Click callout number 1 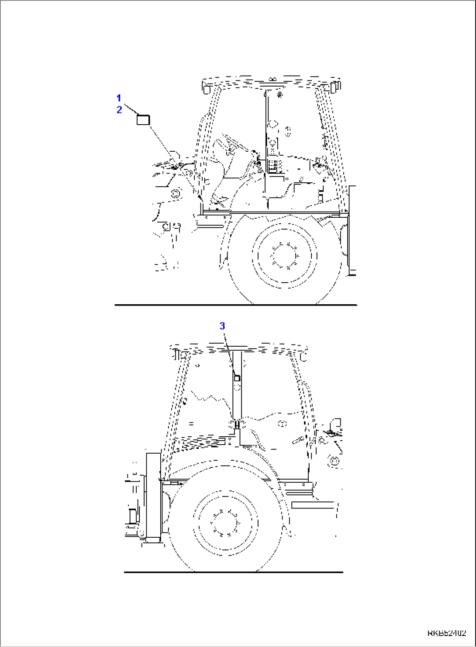click(x=119, y=98)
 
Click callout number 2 click(x=119, y=110)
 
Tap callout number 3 click(x=222, y=326)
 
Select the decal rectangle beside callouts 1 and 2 click(x=143, y=119)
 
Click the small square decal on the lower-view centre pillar click(x=237, y=378)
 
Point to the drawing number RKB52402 click(x=446, y=633)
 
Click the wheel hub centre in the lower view click(x=225, y=523)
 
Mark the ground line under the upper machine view click(x=236, y=305)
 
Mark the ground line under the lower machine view click(x=234, y=572)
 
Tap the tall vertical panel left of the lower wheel click(x=153, y=495)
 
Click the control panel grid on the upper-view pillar click(x=274, y=166)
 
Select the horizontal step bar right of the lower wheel click(x=312, y=505)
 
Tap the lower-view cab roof click(x=238, y=349)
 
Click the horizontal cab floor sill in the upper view click(x=271, y=213)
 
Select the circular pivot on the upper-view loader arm click(x=176, y=193)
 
